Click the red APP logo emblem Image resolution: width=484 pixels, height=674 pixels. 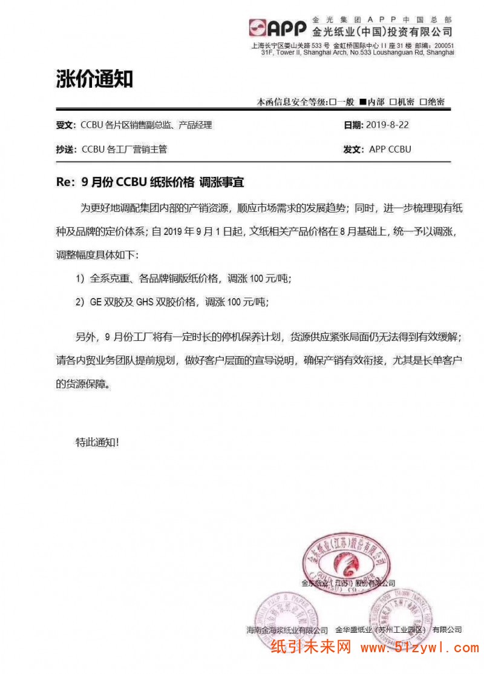258,28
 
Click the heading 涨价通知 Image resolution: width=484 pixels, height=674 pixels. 94,79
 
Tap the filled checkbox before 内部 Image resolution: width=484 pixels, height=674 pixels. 362,102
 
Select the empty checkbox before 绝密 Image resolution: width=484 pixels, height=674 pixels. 423,102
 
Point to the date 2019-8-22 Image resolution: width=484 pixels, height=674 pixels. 388,125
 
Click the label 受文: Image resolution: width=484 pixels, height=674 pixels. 65,125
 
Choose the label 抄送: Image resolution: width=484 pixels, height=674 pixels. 65,149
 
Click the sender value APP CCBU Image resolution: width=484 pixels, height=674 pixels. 390,149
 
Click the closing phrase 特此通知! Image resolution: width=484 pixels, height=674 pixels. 97,442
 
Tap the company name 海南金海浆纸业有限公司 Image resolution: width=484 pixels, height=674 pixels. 283,630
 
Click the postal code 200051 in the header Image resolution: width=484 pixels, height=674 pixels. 443,46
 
